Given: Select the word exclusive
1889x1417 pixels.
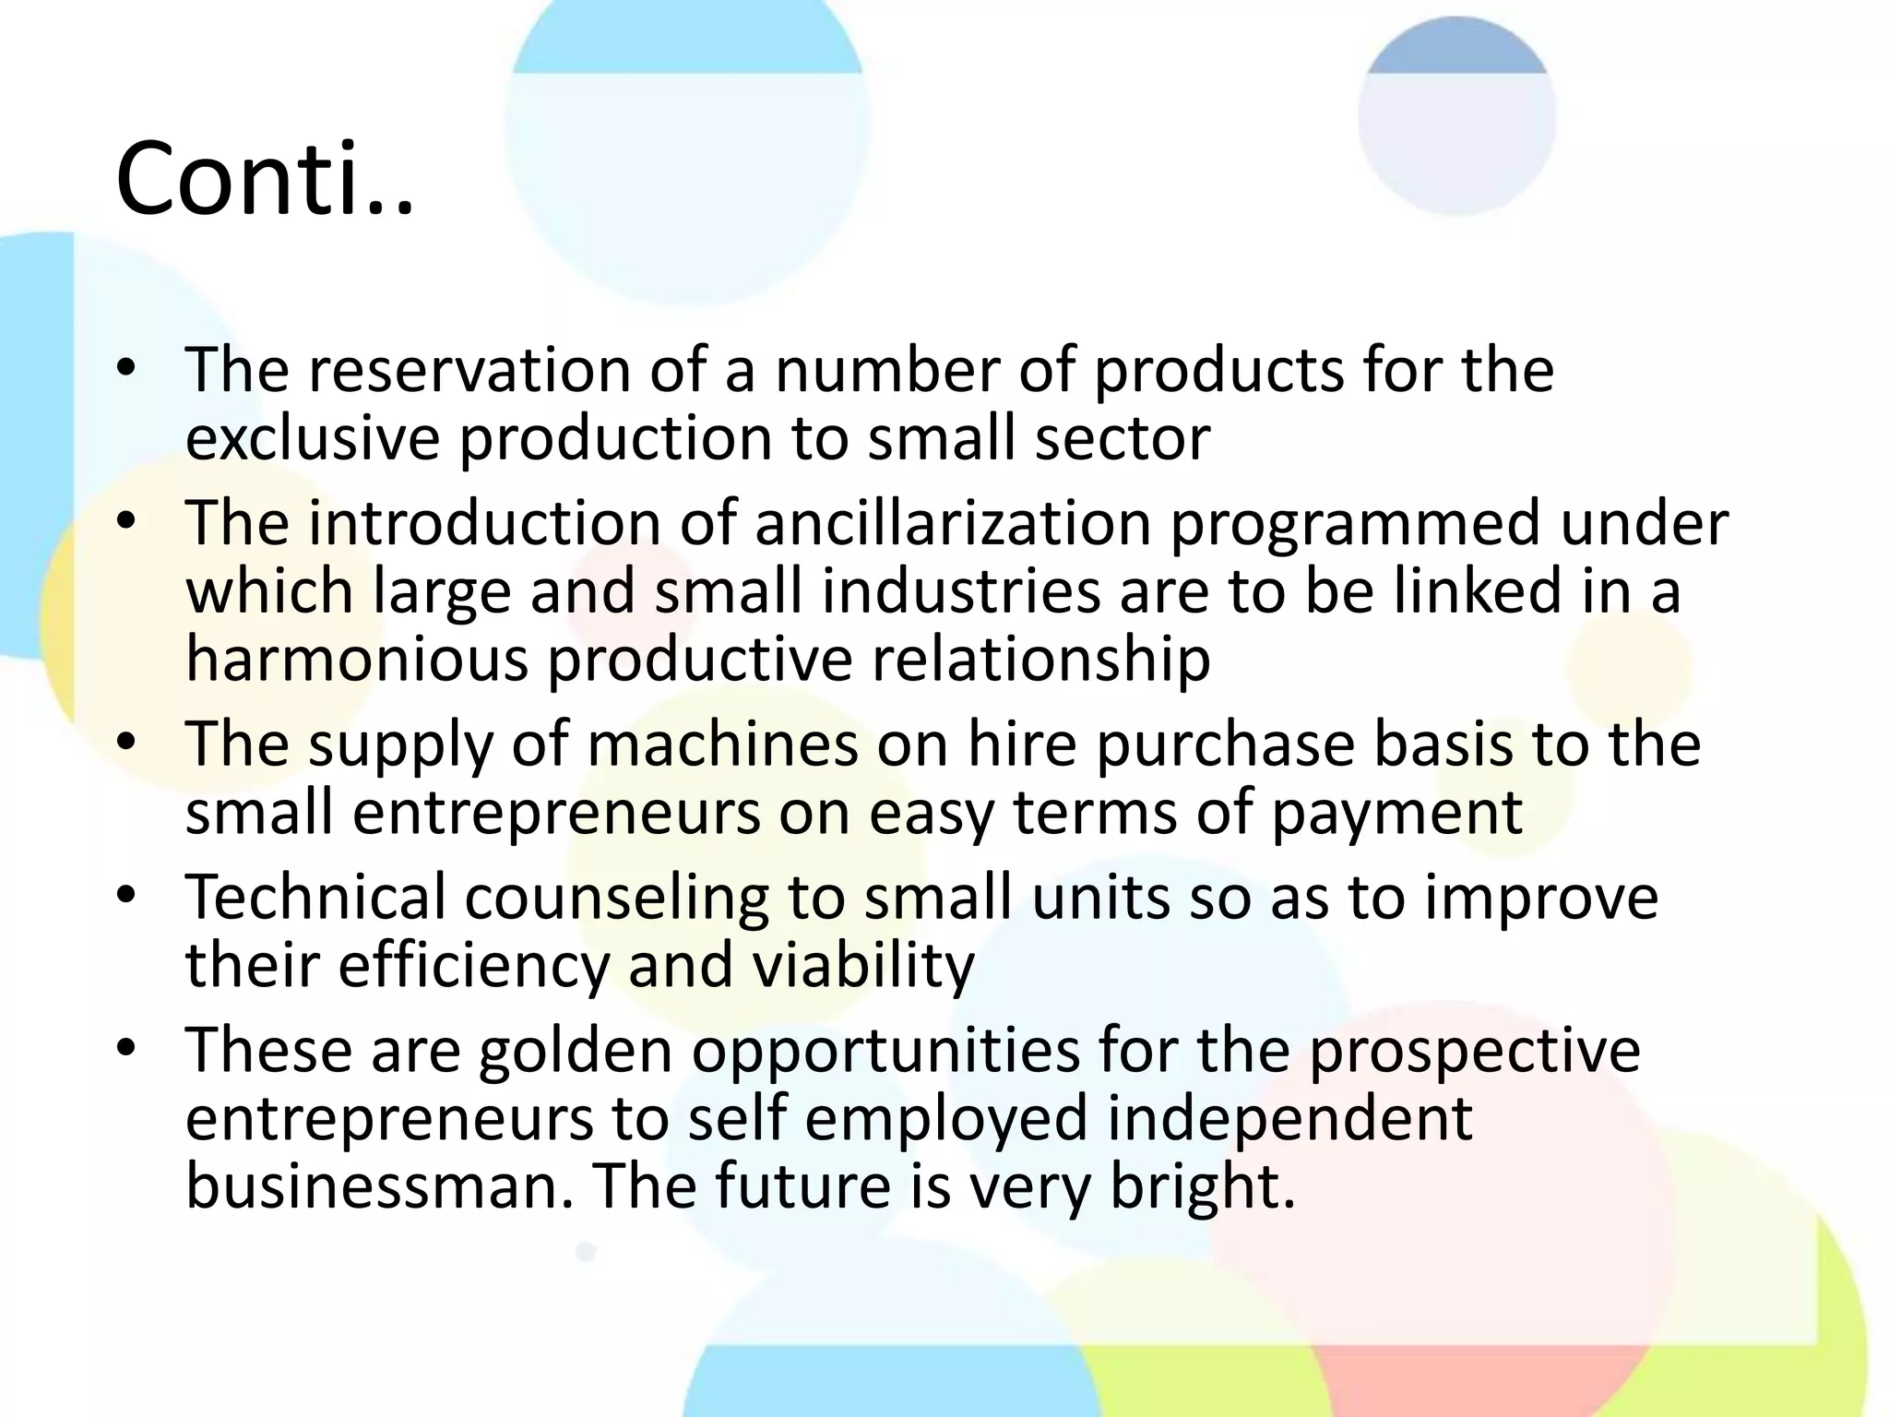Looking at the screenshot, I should pyautogui.click(x=312, y=437).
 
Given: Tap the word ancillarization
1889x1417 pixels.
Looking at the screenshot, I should pyautogui.click(x=953, y=523).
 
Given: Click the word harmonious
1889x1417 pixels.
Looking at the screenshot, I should pyautogui.click(x=357, y=659).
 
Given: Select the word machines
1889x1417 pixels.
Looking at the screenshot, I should pyautogui.click(x=721, y=744).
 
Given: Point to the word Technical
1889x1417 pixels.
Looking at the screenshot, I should pyautogui.click(x=315, y=897).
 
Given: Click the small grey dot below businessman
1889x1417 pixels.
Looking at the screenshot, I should pyautogui.click(x=586, y=1252).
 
